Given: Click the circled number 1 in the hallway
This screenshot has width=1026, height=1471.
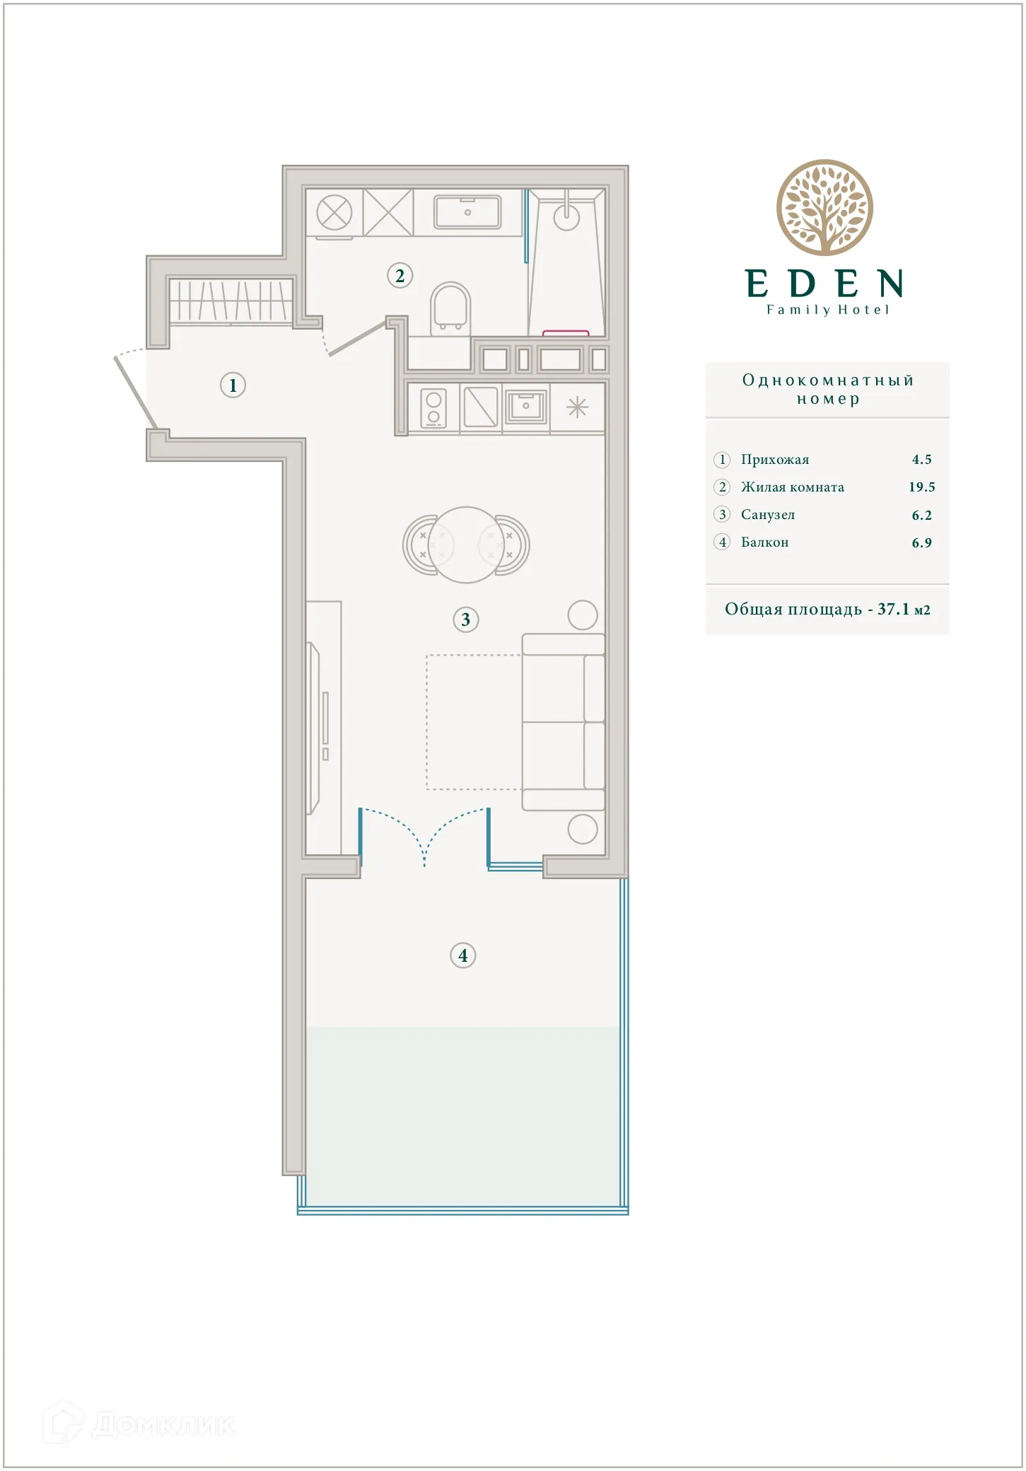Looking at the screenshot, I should (233, 385).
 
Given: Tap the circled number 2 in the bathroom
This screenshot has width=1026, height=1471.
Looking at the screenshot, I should (400, 276).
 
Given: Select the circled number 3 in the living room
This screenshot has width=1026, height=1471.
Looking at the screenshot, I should (465, 620).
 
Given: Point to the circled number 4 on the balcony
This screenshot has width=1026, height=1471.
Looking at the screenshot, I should (462, 956).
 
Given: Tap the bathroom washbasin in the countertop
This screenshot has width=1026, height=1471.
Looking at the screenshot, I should (467, 212).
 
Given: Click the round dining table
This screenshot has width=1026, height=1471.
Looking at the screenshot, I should (466, 545).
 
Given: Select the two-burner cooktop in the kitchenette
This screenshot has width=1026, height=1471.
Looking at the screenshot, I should (433, 408).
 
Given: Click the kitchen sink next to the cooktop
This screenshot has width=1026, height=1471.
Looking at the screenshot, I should (525, 406).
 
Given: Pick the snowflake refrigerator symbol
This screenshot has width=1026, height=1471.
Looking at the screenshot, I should (578, 407).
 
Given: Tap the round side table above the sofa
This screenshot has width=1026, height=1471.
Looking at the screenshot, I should (583, 615).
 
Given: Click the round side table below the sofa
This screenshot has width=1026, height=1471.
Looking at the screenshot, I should (583, 830).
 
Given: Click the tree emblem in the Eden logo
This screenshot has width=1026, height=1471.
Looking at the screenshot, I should (824, 208).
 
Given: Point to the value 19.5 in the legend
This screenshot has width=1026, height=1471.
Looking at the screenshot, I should (921, 487).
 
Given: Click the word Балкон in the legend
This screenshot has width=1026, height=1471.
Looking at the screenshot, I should (764, 542).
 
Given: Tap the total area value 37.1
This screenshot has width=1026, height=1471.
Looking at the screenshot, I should (892, 609).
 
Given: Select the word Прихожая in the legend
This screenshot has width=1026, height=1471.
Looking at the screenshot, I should (774, 460).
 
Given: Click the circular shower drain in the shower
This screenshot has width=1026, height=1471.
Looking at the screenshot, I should (566, 217).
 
